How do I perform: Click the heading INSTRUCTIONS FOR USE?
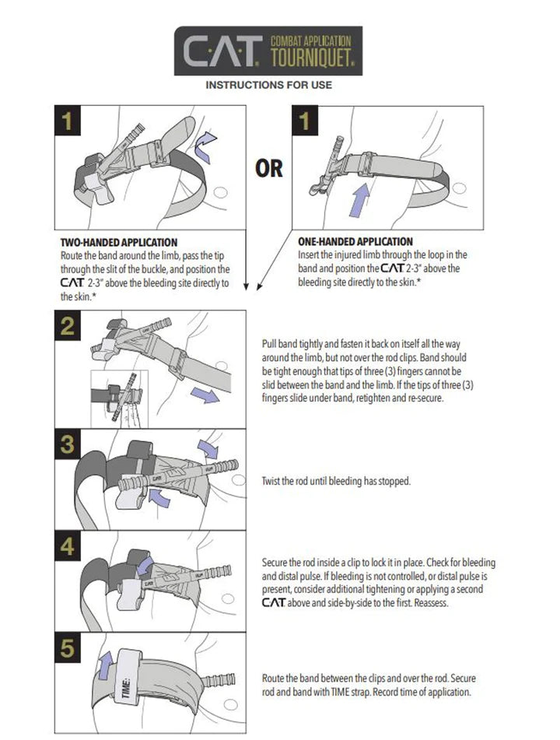tap(268, 84)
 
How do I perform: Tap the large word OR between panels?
tap(269, 167)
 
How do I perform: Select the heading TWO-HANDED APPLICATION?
tap(119, 243)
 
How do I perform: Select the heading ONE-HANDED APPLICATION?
tap(355, 242)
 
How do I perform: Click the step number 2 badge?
tap(69, 326)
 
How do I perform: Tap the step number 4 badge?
tap(69, 547)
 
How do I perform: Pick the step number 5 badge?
tap(69, 649)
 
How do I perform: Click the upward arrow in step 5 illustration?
tap(104, 665)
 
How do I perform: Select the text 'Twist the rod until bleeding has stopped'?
tap(336, 482)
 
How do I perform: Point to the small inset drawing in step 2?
tap(118, 398)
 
